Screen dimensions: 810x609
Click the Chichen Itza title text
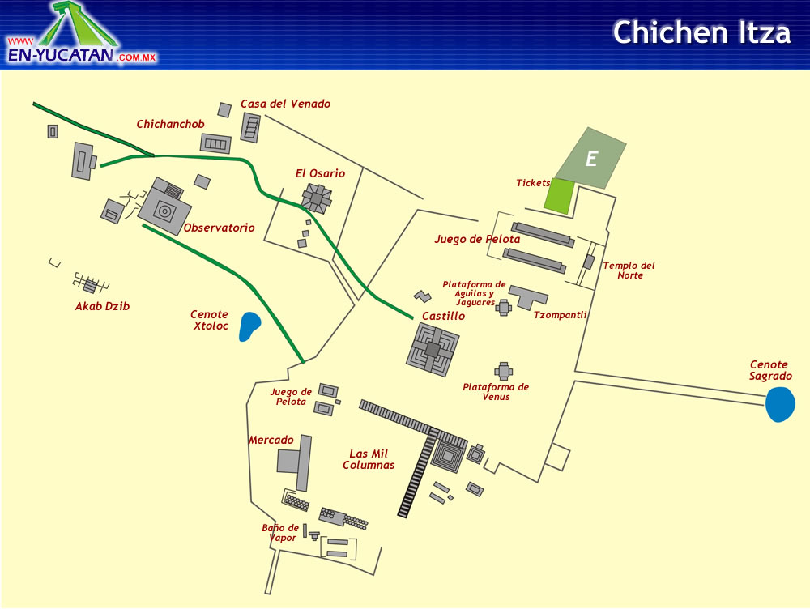click(x=701, y=32)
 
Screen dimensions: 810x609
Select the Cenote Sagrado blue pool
click(x=780, y=404)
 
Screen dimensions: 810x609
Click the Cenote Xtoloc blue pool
click(x=250, y=326)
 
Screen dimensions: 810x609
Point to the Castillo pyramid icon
click(x=433, y=349)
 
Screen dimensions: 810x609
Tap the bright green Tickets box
click(x=559, y=195)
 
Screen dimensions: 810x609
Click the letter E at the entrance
click(x=591, y=160)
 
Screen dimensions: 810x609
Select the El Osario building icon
click(x=317, y=198)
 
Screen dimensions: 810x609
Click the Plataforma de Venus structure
click(x=504, y=371)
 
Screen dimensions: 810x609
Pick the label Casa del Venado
click(x=285, y=104)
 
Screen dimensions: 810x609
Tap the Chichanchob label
click(x=170, y=125)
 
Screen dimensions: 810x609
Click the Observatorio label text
click(x=219, y=228)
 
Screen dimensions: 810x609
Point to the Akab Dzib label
click(x=102, y=307)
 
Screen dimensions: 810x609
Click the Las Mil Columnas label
click(x=369, y=459)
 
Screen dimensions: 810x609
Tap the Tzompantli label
click(x=561, y=316)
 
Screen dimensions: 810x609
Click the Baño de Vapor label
click(x=280, y=533)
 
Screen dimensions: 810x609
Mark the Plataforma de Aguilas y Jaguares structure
click(x=504, y=307)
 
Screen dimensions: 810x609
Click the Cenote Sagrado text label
click(x=769, y=371)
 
